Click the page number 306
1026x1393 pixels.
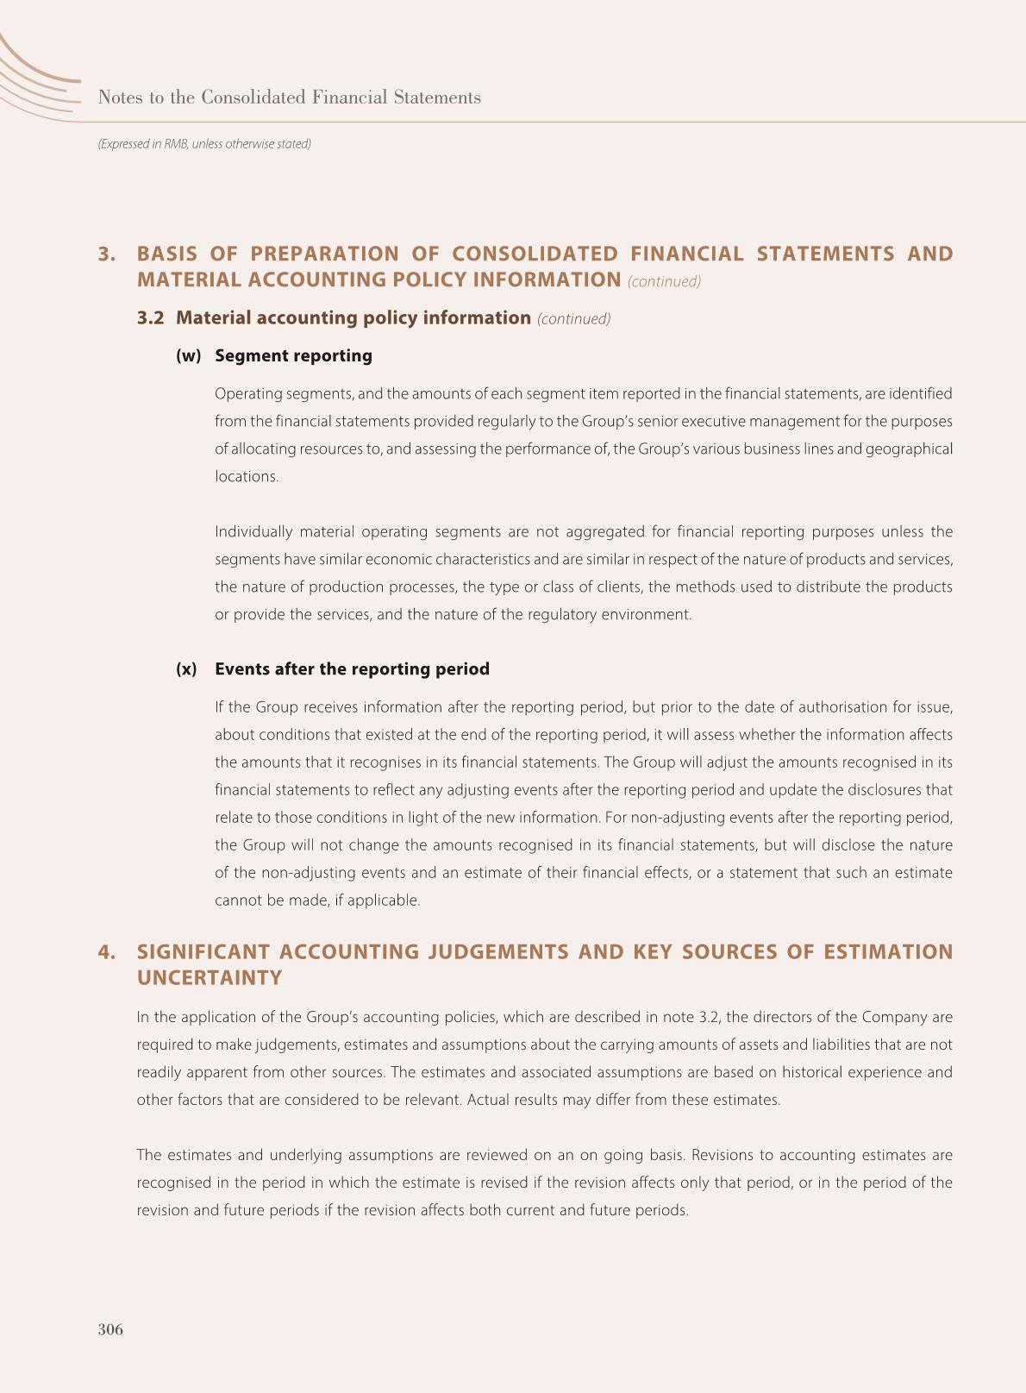(110, 1329)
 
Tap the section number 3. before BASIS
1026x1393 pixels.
(107, 254)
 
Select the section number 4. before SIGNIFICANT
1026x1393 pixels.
(107, 952)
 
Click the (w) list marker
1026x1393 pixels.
(188, 356)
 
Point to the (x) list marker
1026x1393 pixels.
(186, 669)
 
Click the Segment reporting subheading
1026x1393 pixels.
(293, 356)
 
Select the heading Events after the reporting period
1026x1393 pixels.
(352, 669)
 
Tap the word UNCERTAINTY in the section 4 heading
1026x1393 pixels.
(210, 978)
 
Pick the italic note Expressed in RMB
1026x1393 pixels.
(204, 144)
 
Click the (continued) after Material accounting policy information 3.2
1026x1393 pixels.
(573, 319)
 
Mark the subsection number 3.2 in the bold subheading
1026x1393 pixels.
(150, 318)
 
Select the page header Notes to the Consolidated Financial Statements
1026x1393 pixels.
(290, 97)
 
